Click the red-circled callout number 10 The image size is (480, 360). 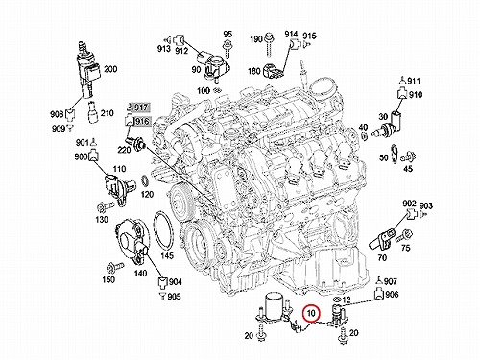[x=311, y=313]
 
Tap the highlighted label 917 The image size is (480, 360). [x=140, y=108]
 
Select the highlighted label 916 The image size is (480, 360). [x=142, y=121]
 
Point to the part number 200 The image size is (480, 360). [x=110, y=69]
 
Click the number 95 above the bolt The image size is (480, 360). [x=228, y=35]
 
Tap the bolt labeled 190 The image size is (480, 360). [x=270, y=44]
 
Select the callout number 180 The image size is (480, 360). [x=254, y=71]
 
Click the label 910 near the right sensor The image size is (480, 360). [x=416, y=95]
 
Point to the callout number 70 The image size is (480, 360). [x=382, y=257]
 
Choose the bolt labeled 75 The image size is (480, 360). [x=404, y=236]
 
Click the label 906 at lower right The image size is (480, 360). [x=392, y=294]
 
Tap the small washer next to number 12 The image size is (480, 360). [x=337, y=300]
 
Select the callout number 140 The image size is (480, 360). [x=140, y=273]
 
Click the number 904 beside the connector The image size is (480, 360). [x=176, y=282]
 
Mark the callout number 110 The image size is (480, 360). [x=119, y=169]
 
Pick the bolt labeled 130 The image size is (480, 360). [x=106, y=206]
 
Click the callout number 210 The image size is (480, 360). [x=107, y=113]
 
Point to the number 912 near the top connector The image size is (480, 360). [x=181, y=50]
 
